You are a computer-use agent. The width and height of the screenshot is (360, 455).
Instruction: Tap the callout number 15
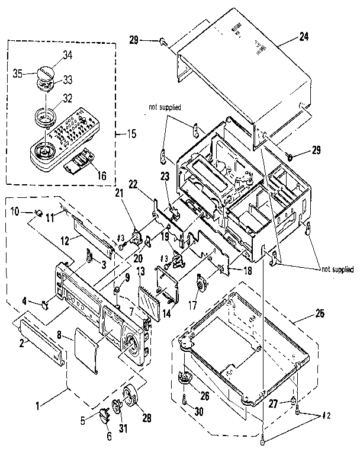pyautogui.click(x=131, y=133)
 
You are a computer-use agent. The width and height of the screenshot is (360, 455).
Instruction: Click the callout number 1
pyautogui.click(x=40, y=406)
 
